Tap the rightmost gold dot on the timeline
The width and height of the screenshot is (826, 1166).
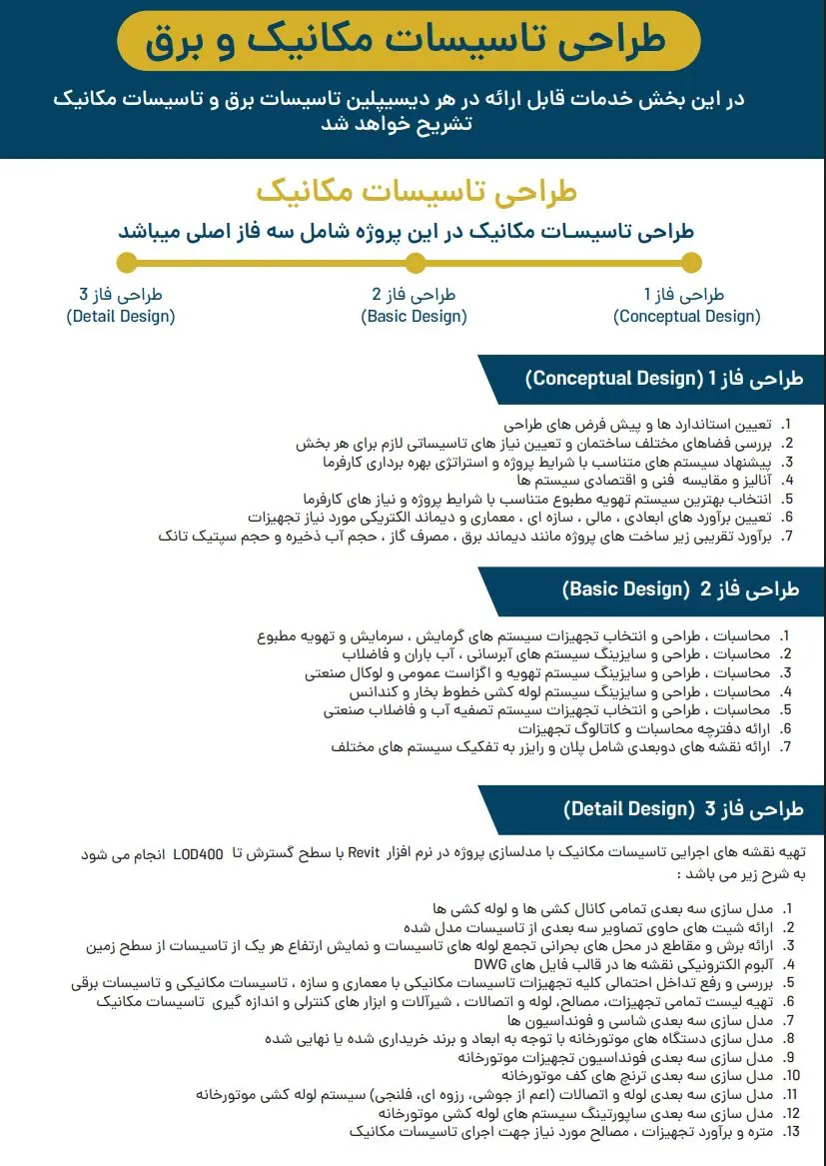[x=691, y=263]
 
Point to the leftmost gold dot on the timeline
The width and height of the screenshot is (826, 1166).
[x=127, y=263]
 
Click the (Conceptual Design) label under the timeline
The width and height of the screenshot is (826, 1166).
[x=686, y=317]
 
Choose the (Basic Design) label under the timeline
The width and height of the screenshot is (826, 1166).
[x=413, y=317]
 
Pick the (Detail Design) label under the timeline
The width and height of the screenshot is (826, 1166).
[x=121, y=317]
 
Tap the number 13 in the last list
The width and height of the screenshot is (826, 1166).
[x=792, y=1132]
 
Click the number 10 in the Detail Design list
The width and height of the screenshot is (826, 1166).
[x=792, y=1076]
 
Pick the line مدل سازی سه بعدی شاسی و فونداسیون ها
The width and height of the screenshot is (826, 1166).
[x=639, y=1020]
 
